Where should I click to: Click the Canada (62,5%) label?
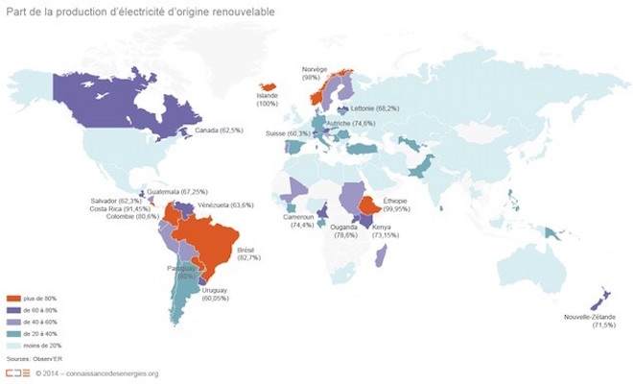click(x=218, y=130)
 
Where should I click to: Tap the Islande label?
click(x=268, y=96)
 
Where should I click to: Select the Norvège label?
click(x=315, y=70)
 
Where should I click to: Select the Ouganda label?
click(x=345, y=228)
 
